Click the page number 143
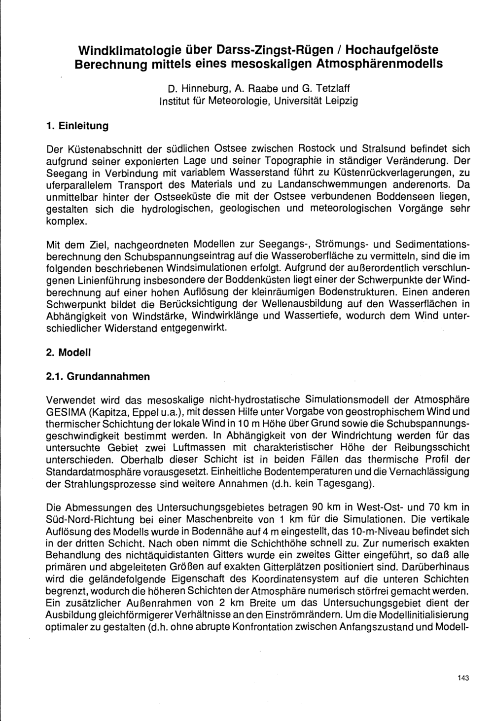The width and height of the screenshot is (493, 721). (x=462, y=678)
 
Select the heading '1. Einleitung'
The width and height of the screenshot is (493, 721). (x=76, y=126)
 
